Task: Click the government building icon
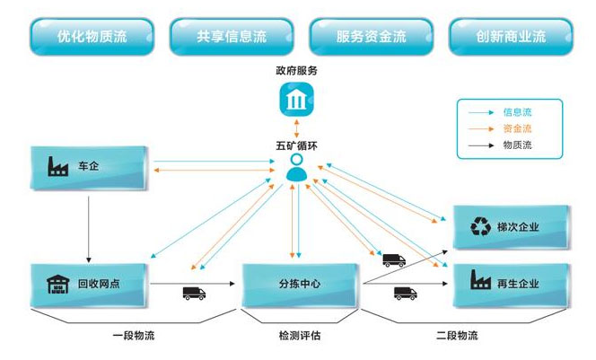295,101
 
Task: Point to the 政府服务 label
295,69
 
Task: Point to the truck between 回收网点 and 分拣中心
194,293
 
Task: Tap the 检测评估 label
300,337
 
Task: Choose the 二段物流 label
457,337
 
